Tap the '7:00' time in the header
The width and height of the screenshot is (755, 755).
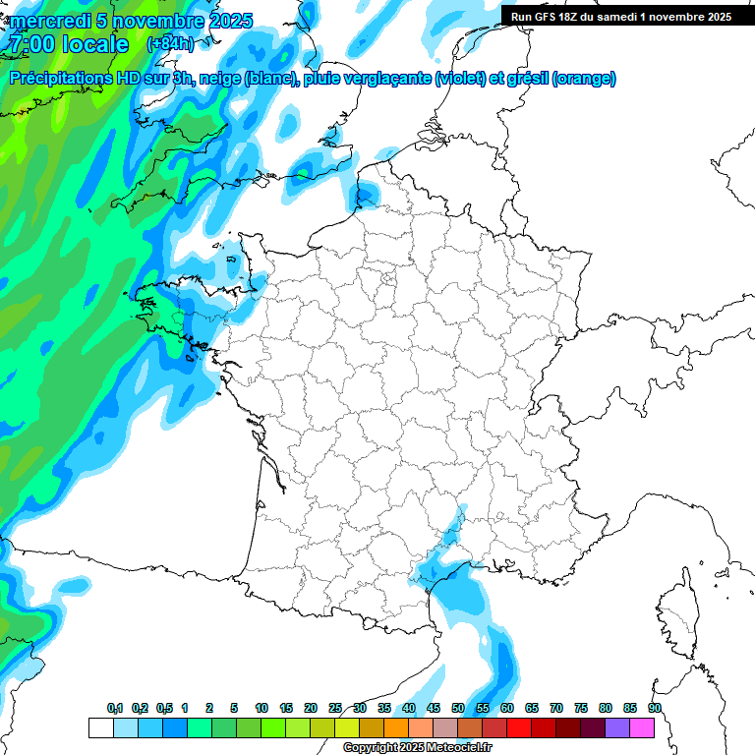[29, 44]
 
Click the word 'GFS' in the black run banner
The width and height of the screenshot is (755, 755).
[546, 16]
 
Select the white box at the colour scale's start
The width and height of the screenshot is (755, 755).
[100, 727]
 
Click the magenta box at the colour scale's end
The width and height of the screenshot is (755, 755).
[642, 727]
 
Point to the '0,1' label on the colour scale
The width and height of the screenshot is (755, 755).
[115, 709]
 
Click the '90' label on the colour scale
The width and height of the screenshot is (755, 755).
[655, 709]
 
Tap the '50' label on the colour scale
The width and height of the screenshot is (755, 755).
[458, 709]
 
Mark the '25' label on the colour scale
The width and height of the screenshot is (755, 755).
[335, 709]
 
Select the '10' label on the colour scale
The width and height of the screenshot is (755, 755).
[261, 709]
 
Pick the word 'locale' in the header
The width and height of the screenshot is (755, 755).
[93, 44]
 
